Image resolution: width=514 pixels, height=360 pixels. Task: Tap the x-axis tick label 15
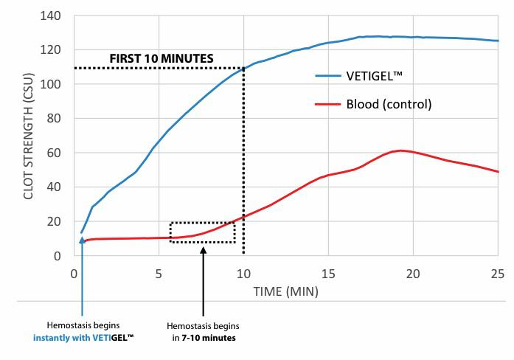(328, 273)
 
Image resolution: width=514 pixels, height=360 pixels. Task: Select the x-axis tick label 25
(498, 273)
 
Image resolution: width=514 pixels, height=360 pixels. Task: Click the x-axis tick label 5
(159, 273)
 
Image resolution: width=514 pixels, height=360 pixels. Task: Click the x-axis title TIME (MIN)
(286, 291)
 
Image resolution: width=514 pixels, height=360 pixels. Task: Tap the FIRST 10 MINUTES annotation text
(162, 58)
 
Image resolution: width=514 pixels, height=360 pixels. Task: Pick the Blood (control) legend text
(389, 104)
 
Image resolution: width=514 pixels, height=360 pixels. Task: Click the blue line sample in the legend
(324, 75)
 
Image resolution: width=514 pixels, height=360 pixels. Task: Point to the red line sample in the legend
(324, 104)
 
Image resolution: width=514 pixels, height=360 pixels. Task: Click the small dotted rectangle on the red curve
(203, 232)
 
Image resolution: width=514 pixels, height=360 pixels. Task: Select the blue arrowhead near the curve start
(81, 241)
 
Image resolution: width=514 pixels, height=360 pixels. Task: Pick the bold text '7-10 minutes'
(214, 338)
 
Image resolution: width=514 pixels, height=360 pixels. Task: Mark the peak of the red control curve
(399, 150)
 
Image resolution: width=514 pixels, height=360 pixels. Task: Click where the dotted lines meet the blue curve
(243, 68)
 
